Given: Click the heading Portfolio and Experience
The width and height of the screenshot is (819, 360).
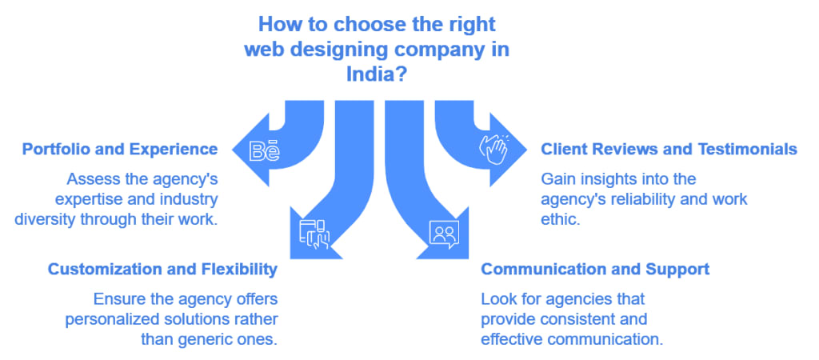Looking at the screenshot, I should [x=120, y=150].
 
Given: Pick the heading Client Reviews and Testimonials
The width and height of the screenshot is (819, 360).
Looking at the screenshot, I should [x=669, y=150].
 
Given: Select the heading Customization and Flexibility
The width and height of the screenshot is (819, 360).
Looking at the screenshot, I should [x=162, y=270].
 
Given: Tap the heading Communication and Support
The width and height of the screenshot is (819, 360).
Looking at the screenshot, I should [x=594, y=270].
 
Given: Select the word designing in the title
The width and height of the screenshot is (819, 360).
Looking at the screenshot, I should [x=337, y=50].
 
